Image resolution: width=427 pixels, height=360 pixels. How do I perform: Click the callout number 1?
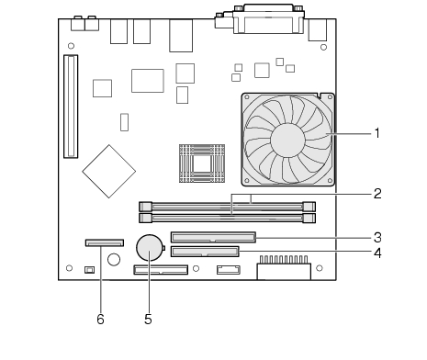point(377,133)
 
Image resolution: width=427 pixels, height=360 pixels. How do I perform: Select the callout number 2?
point(377,194)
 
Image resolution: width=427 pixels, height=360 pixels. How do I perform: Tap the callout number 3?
point(377,238)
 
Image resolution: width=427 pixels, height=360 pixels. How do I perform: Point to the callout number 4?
point(377,253)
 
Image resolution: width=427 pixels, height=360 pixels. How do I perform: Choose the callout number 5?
point(148,320)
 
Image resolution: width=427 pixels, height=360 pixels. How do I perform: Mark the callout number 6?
point(100,320)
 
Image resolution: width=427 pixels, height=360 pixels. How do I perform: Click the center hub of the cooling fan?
point(287,140)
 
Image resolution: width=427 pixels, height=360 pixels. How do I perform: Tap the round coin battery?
point(151,248)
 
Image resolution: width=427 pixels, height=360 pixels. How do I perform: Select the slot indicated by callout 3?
point(213,237)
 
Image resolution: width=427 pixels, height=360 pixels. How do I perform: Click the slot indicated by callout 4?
point(205,252)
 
